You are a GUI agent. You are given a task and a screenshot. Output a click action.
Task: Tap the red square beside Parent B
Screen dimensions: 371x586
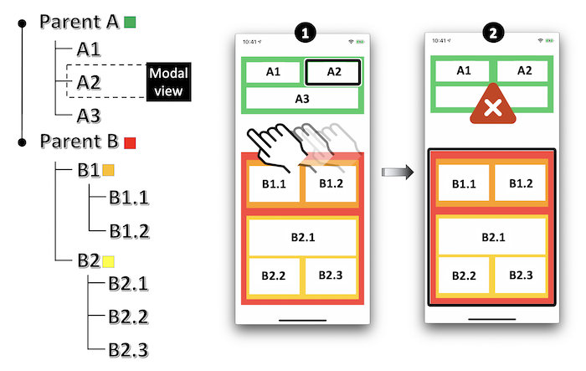tap(129, 142)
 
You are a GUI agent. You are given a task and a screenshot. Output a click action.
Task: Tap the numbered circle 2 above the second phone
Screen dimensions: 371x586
tap(492, 33)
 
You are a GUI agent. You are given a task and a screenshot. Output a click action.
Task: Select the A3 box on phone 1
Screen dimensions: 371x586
tap(301, 98)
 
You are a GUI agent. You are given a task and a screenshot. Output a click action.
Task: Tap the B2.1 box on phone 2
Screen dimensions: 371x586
tap(491, 237)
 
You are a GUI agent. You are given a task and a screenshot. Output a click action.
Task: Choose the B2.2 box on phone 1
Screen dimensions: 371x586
tap(274, 276)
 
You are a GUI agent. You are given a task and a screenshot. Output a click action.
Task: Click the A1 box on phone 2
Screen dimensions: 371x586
tap(463, 71)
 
